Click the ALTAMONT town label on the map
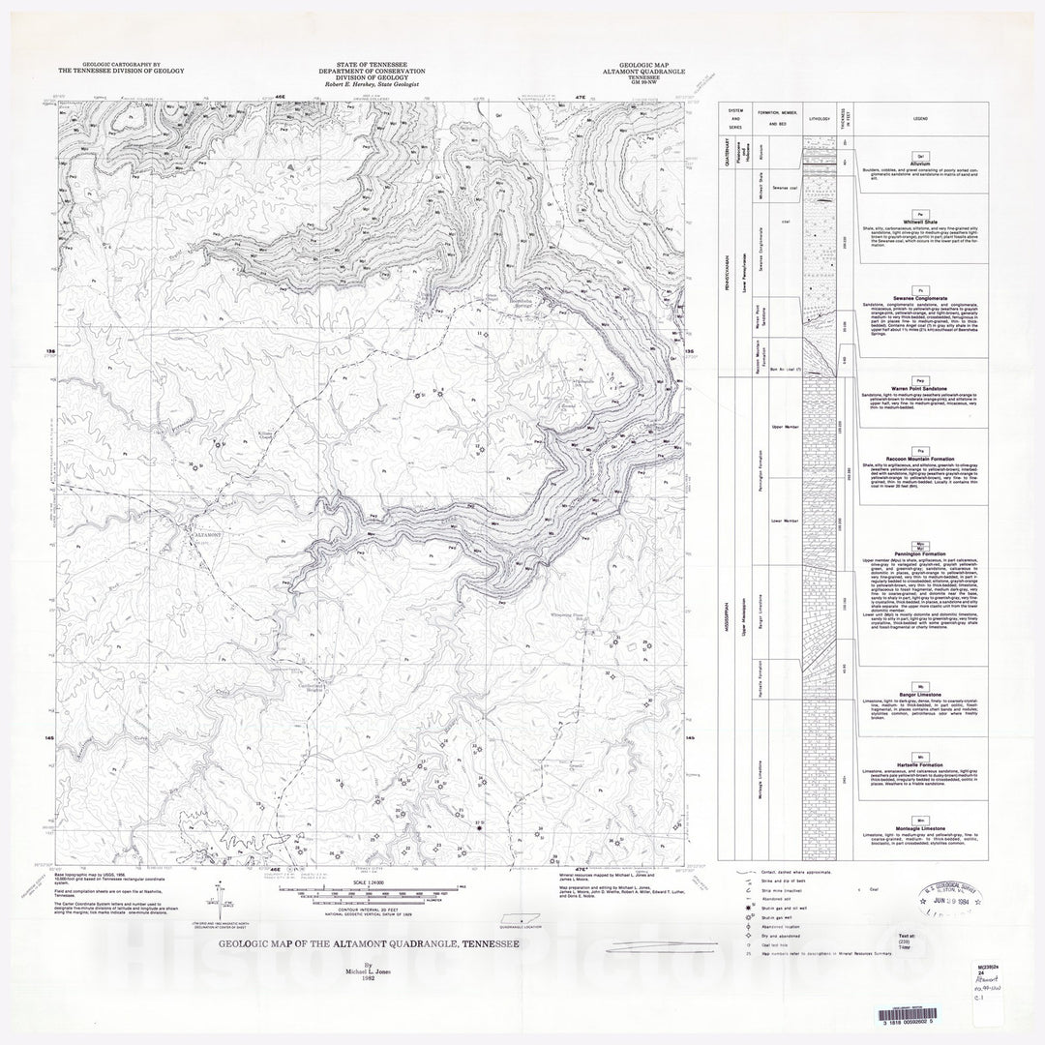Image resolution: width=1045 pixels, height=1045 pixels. tap(210, 534)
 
